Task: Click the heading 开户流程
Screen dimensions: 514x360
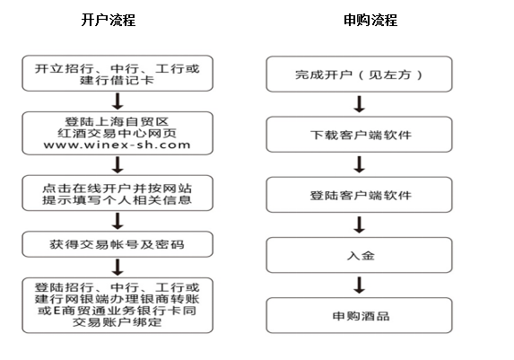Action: [109, 20]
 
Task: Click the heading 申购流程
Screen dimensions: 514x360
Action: [370, 20]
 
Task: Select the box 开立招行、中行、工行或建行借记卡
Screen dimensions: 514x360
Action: [118, 74]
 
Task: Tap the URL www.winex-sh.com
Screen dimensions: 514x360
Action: [117, 145]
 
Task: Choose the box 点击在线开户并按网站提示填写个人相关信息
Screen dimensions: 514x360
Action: [118, 193]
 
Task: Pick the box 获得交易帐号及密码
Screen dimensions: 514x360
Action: [118, 244]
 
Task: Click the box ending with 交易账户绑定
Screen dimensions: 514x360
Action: [118, 305]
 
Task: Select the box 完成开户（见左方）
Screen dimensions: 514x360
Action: [360, 75]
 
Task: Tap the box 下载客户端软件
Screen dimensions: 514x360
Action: [360, 135]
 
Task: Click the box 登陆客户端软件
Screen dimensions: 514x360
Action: [360, 195]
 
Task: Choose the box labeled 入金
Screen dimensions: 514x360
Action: [360, 255]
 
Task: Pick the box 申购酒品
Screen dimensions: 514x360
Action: [360, 315]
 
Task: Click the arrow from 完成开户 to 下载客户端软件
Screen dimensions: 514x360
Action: [360, 104]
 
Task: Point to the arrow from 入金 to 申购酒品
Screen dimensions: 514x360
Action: [360, 285]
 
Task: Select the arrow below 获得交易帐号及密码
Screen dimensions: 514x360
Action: [118, 268]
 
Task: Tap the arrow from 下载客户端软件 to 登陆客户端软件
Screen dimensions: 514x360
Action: [360, 164]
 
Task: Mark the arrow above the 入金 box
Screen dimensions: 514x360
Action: [360, 224]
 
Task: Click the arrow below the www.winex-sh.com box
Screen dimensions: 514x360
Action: [118, 165]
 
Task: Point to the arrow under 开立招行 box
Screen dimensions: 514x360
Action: [118, 101]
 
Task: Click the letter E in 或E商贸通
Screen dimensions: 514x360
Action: [57, 310]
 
